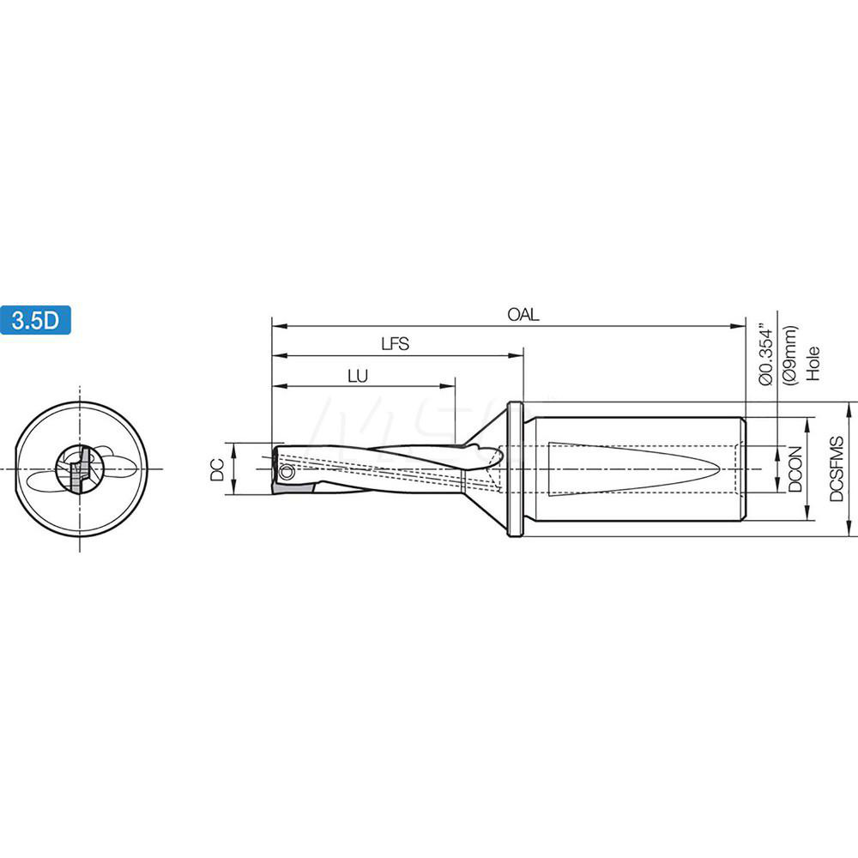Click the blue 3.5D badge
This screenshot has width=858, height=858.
[35, 320]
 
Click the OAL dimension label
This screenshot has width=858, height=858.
[523, 315]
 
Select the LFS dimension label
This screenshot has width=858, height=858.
[396, 344]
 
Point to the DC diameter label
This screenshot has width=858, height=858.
[218, 468]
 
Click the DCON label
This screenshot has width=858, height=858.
[795, 469]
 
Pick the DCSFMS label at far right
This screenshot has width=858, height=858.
[837, 469]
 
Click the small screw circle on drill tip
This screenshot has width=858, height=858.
[287, 472]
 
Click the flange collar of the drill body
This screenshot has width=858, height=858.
[515, 468]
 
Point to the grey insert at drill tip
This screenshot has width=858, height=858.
[287, 486]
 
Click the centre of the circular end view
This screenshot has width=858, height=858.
[80, 468]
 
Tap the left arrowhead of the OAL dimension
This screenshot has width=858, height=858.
[276, 326]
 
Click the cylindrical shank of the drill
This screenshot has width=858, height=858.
[635, 468]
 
